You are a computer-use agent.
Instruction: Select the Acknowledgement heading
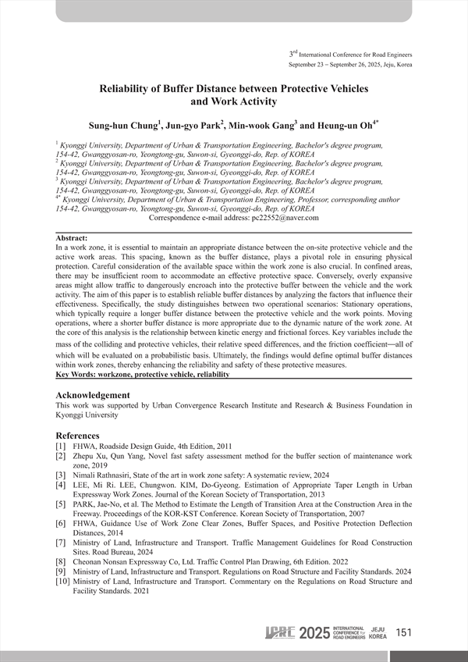93,395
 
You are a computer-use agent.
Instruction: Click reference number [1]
61,445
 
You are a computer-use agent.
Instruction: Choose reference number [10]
63,582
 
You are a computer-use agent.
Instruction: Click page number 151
404,632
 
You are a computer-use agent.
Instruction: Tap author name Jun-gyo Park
193,124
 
